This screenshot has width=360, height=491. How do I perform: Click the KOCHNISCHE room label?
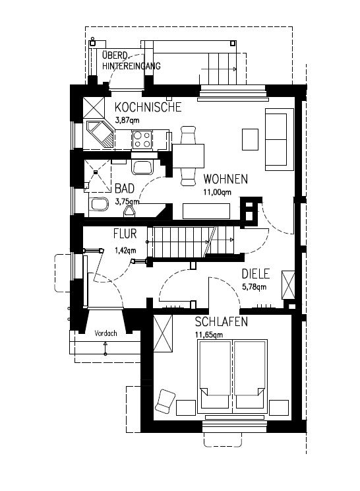point(148,107)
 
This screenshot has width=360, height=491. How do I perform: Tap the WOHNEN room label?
point(225,179)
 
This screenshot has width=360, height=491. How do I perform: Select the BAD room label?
point(125,189)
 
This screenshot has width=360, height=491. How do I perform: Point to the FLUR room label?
point(125,234)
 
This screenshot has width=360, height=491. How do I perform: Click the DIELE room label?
point(256,274)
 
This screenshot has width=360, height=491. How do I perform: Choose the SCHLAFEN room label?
point(222,322)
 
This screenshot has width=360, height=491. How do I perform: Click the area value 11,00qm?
point(217,192)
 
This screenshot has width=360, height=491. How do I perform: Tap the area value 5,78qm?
point(255,286)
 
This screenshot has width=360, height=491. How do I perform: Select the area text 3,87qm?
point(127,120)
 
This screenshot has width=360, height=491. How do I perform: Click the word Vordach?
point(105,333)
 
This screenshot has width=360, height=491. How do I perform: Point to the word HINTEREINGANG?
point(131,66)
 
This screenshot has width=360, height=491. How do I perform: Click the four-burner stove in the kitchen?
point(142,140)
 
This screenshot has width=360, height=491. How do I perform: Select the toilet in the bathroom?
point(99,205)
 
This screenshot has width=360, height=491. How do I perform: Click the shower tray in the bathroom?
point(98,176)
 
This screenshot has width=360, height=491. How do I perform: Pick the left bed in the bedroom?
point(214,374)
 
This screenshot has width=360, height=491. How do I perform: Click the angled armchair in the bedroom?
point(165,401)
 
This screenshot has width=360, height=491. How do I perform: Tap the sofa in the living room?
point(280,140)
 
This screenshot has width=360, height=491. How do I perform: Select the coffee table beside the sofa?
point(250,139)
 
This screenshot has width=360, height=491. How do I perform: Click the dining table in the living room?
point(189,156)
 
